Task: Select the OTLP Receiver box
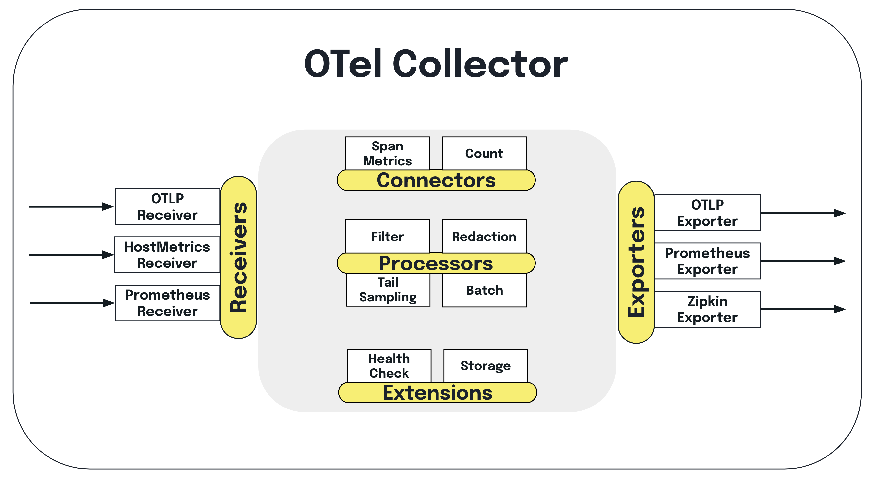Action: click(x=167, y=207)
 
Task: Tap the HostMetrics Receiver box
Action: click(x=167, y=255)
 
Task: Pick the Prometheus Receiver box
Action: click(x=167, y=303)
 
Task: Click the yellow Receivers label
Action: click(x=238, y=257)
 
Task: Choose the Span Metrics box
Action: click(x=387, y=153)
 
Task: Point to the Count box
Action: click(x=484, y=153)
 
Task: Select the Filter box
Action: click(x=387, y=236)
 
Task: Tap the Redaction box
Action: click(x=484, y=236)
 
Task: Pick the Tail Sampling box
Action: click(x=388, y=290)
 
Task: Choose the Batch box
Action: click(x=484, y=290)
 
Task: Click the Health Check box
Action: click(x=389, y=366)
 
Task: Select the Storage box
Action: click(x=486, y=366)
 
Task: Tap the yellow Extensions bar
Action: click(x=437, y=393)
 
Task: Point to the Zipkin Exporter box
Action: click(x=707, y=309)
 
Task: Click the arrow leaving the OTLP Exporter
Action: click(x=803, y=213)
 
